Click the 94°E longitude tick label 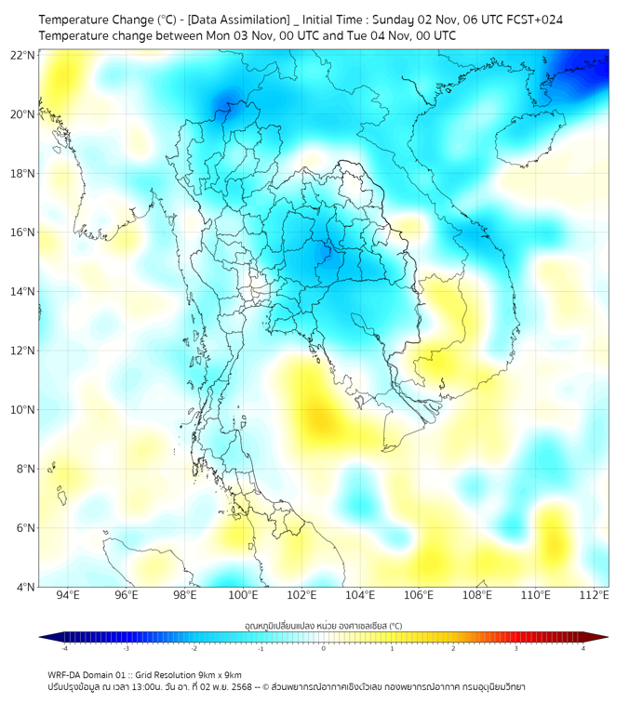pyautogui.click(x=68, y=595)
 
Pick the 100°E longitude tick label pyautogui.click(x=243, y=595)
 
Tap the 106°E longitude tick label pyautogui.click(x=419, y=595)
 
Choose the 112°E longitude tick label pyautogui.click(x=594, y=595)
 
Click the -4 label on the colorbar pyautogui.click(x=64, y=648)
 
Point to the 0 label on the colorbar pyautogui.click(x=324, y=648)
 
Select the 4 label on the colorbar pyautogui.click(x=582, y=648)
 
